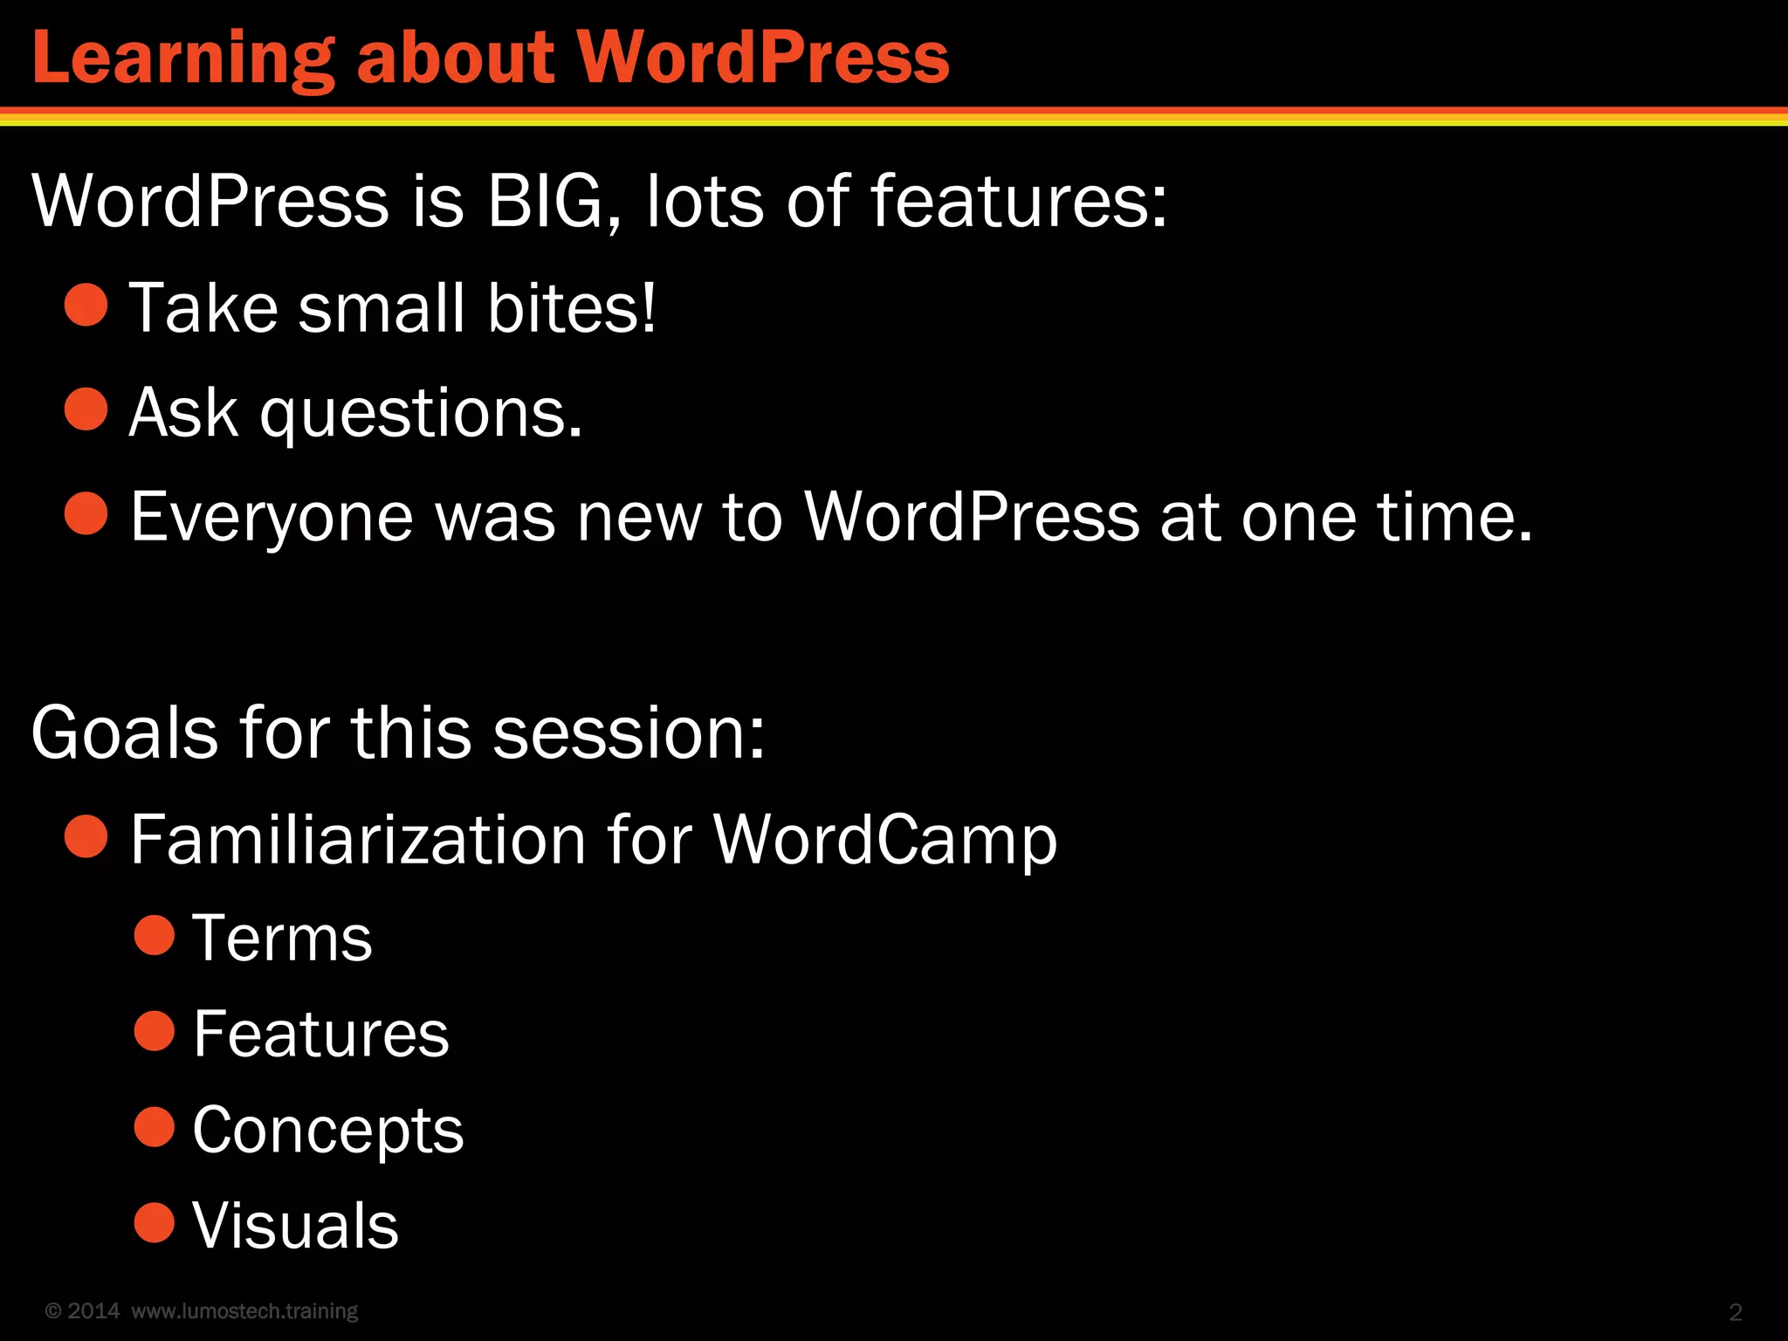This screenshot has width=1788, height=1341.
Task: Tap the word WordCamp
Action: point(885,839)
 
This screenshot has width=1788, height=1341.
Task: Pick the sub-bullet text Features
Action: point(320,1034)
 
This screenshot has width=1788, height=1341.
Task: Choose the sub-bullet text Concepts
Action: point(327,1130)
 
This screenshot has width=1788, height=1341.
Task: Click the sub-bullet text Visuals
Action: point(295,1225)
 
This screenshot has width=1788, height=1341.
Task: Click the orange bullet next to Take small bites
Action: point(86,306)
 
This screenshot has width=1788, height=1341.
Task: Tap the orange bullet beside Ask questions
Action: point(86,409)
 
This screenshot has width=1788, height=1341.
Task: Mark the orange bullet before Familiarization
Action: point(86,836)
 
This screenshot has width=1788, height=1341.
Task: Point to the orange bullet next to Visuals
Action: point(155,1222)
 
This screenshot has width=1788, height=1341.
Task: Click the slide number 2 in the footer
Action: point(1736,1312)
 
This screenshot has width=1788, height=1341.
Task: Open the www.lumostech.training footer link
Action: point(244,1311)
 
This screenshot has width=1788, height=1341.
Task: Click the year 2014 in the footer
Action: point(93,1311)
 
